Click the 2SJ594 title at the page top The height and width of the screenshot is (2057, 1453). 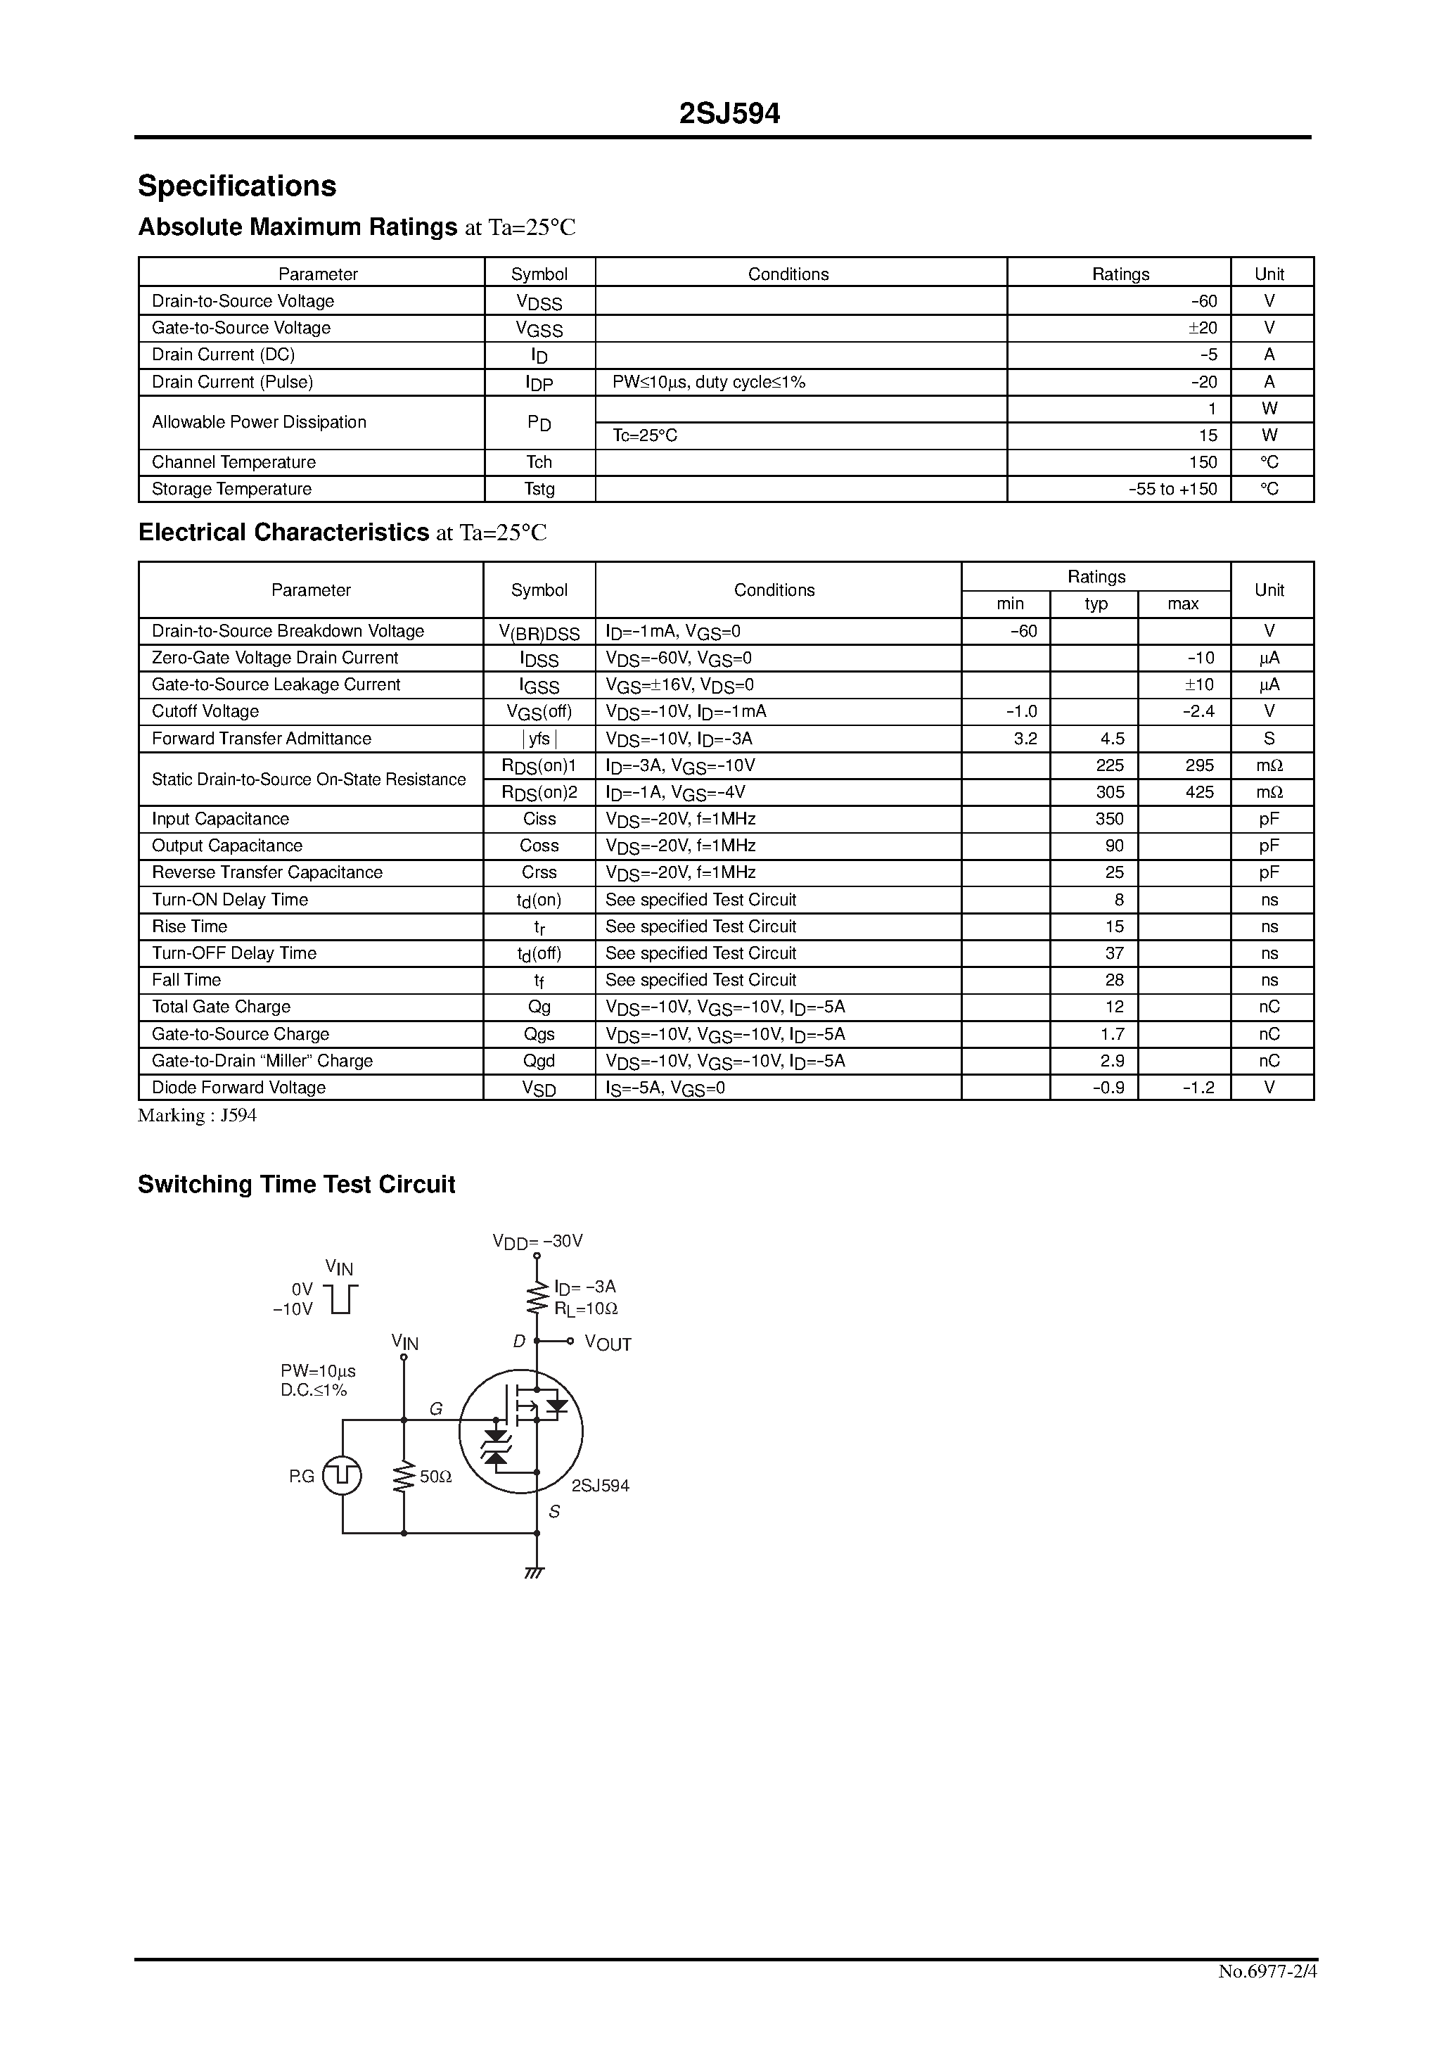point(729,114)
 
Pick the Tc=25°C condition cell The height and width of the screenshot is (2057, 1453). point(645,435)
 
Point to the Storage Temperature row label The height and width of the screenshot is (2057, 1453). point(231,489)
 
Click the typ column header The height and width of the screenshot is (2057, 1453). point(1096,604)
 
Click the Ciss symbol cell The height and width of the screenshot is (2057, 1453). point(539,819)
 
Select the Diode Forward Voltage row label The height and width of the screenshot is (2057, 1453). point(238,1088)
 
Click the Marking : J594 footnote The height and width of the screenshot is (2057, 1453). point(197,1116)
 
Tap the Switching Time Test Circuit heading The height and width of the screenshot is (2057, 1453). point(297,1185)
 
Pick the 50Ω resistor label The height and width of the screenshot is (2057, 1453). point(435,1477)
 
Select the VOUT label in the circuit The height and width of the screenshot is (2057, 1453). point(608,1343)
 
